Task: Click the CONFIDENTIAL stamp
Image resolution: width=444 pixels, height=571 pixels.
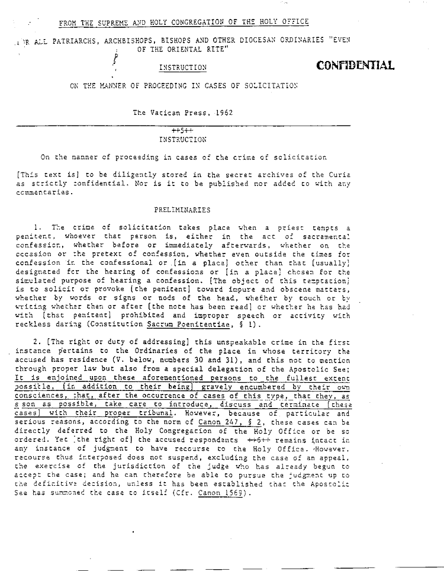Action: pyautogui.click(x=355, y=65)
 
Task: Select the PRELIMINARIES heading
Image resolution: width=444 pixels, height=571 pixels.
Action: pyautogui.click(x=183, y=210)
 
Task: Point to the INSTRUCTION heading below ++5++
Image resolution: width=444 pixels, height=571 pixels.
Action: pyautogui.click(x=183, y=140)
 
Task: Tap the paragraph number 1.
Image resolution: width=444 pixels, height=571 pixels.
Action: pyautogui.click(x=37, y=228)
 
